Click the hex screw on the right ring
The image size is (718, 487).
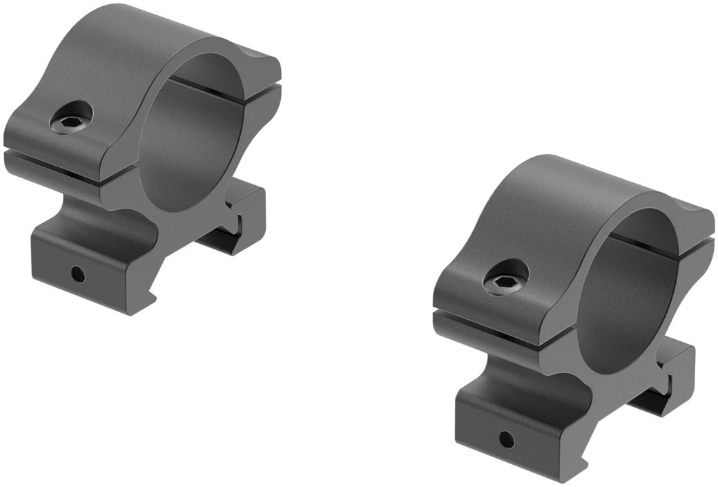point(506,280)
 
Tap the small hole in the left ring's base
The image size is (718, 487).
point(79,274)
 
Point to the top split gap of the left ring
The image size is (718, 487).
point(207,90)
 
